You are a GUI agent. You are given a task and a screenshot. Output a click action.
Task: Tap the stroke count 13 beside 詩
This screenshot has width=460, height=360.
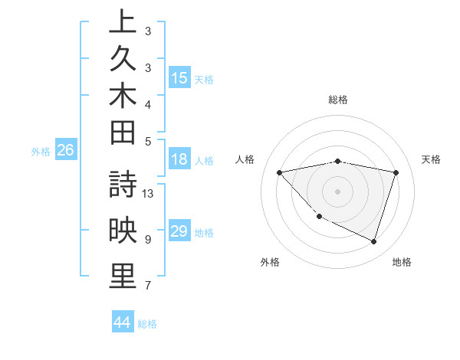click(x=148, y=193)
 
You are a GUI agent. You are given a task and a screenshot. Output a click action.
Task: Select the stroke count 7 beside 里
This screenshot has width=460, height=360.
click(x=148, y=286)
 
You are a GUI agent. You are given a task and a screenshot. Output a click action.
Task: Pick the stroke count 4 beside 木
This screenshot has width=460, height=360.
click(x=148, y=103)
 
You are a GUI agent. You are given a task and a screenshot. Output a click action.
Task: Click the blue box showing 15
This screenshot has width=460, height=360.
click(x=179, y=78)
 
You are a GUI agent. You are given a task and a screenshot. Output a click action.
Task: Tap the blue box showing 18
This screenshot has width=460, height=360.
click(x=179, y=160)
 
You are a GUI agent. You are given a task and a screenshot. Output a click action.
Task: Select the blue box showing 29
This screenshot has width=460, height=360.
click(x=179, y=231)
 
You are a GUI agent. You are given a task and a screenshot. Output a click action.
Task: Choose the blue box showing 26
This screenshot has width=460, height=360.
click(x=65, y=151)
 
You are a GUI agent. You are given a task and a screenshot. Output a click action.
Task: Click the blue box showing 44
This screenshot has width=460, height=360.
click(x=122, y=322)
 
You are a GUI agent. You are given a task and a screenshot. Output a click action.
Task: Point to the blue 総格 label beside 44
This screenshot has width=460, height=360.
click(x=147, y=324)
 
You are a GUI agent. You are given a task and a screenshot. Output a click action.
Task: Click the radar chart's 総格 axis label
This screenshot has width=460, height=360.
click(x=337, y=100)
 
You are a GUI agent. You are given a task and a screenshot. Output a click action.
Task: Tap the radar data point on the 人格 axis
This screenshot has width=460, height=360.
click(x=279, y=172)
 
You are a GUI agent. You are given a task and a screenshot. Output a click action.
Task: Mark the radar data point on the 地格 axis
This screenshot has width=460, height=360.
click(x=373, y=241)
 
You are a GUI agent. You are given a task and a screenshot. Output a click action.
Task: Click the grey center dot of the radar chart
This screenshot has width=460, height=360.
click(x=337, y=191)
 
